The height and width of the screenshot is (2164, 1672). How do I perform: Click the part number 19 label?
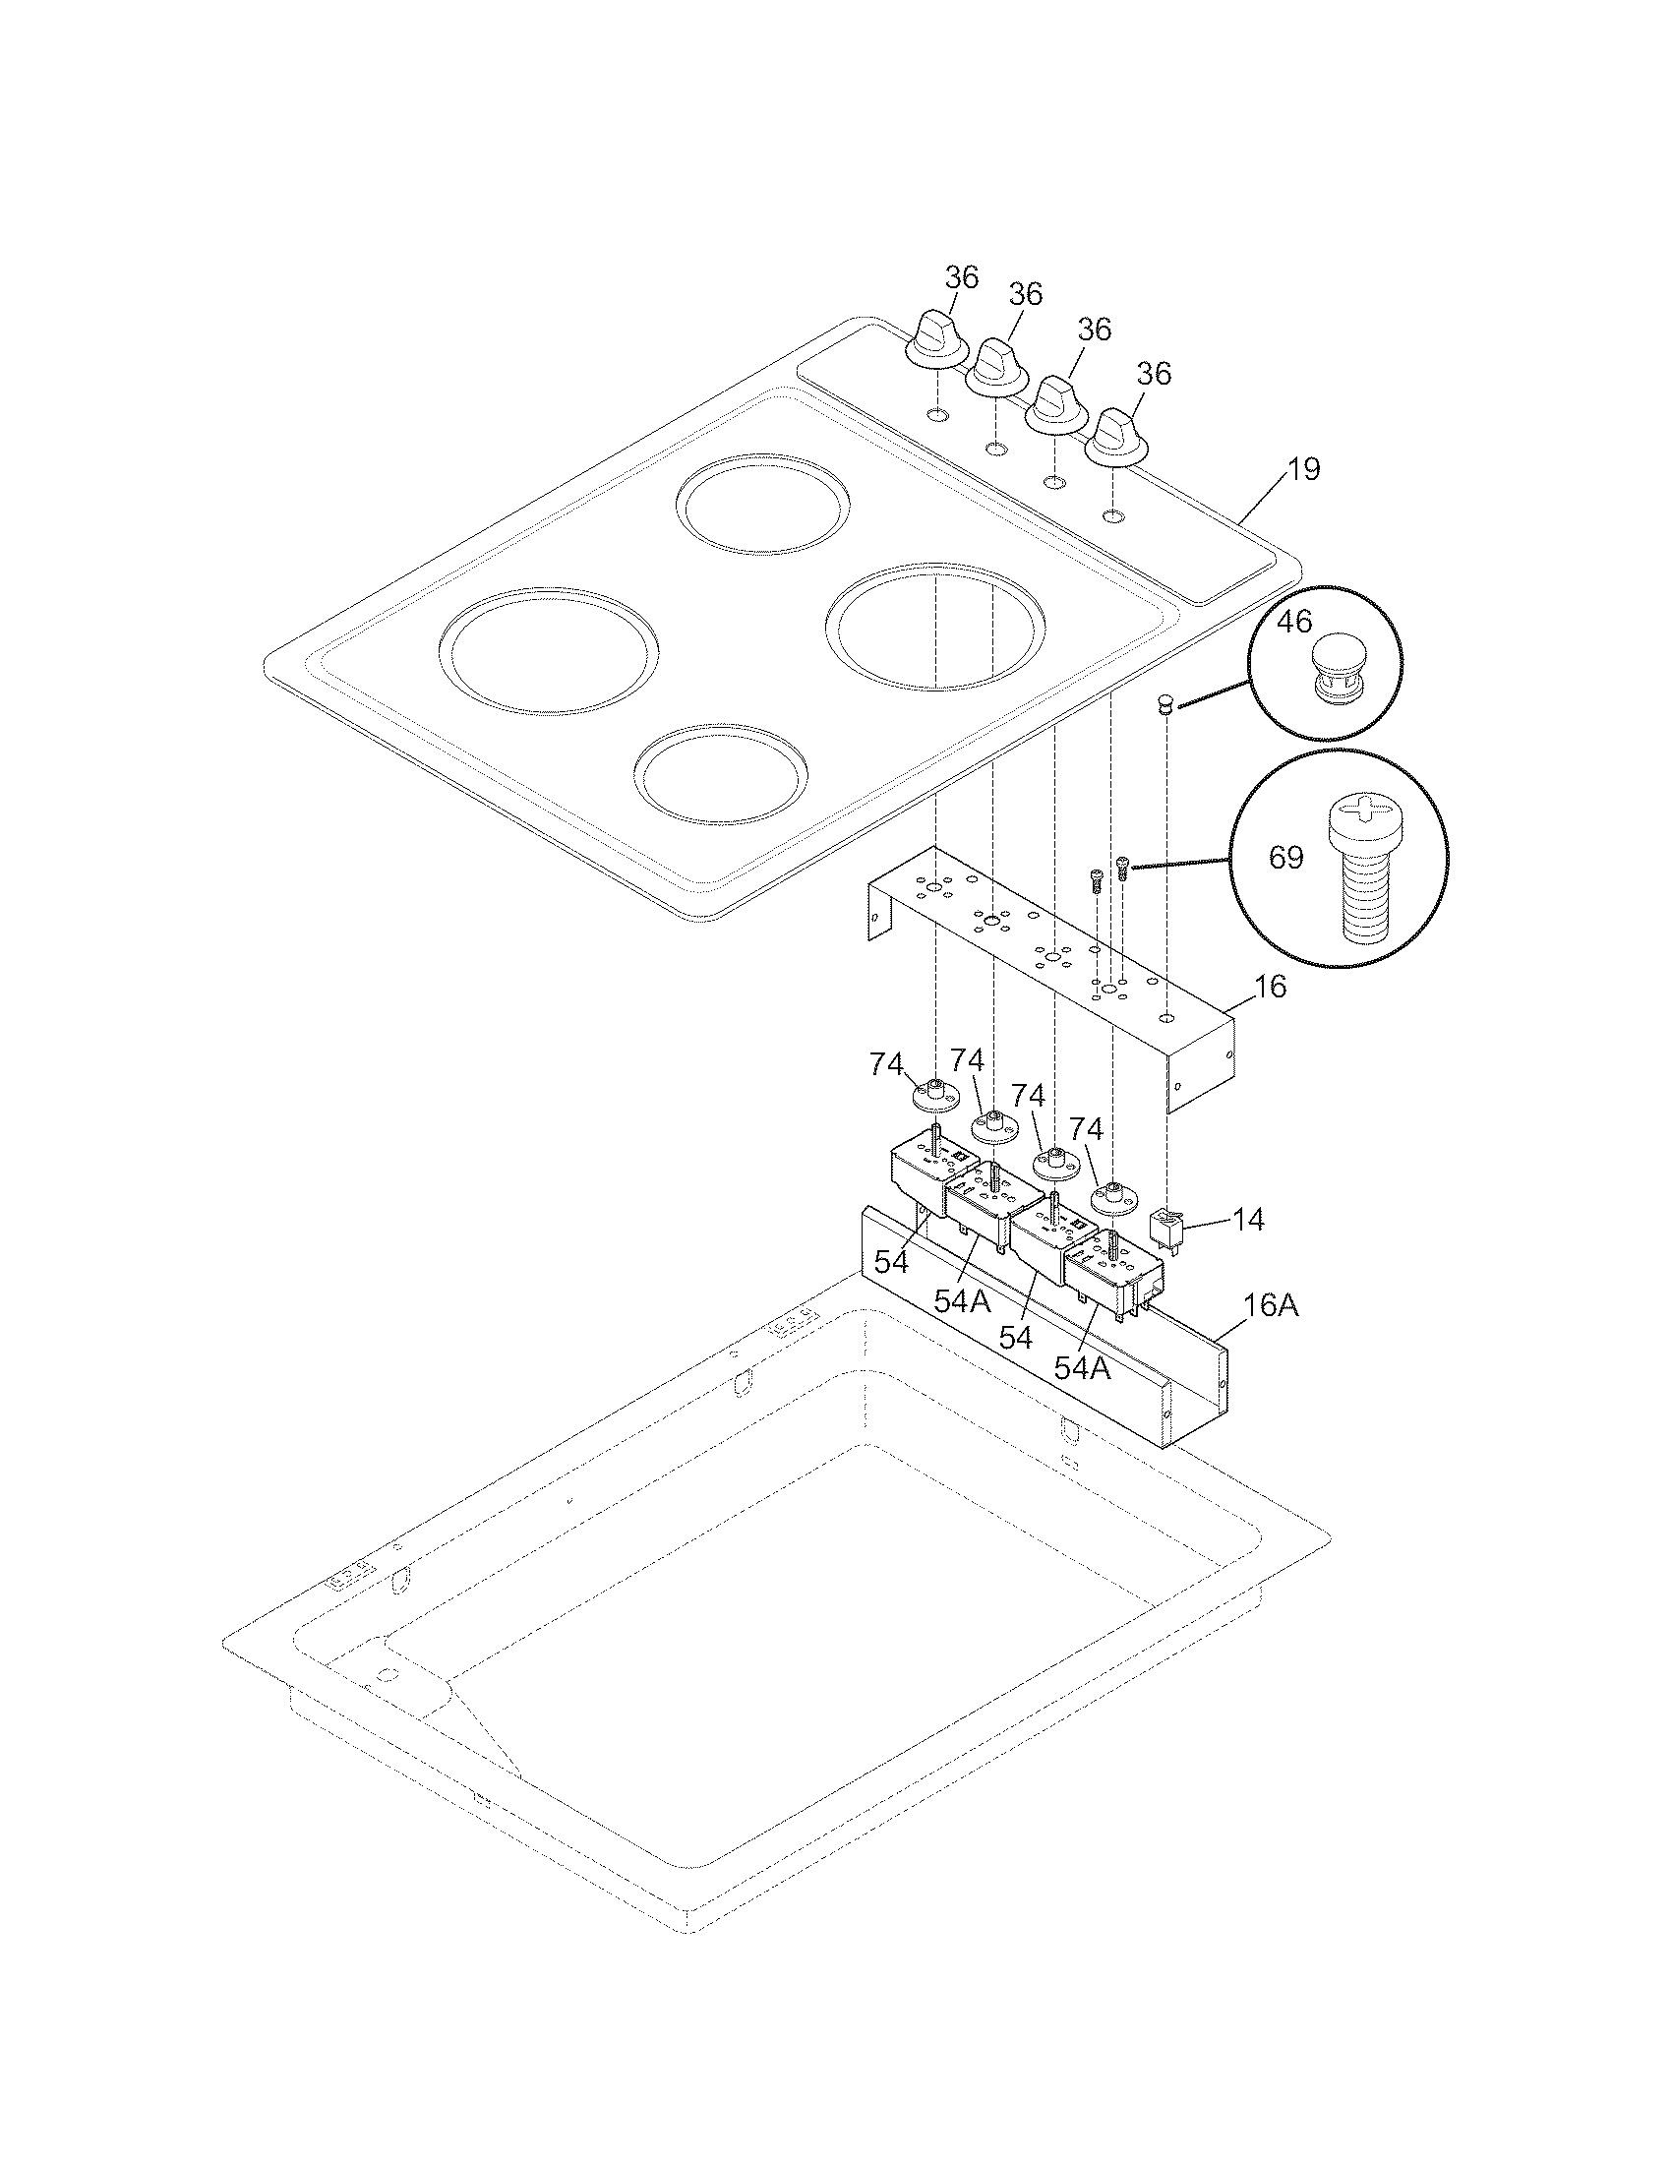pyautogui.click(x=1304, y=468)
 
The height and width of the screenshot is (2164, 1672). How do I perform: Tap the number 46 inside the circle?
pyautogui.click(x=1293, y=622)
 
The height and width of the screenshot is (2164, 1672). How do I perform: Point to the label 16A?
pyautogui.click(x=1271, y=1305)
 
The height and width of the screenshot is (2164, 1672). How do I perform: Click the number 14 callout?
pyautogui.click(x=1250, y=1220)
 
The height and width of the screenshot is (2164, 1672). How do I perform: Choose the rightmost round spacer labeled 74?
pyautogui.click(x=1113, y=1196)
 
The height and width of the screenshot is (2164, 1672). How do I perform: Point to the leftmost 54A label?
pyautogui.click(x=962, y=1301)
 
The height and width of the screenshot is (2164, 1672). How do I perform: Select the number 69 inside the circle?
pyautogui.click(x=1285, y=857)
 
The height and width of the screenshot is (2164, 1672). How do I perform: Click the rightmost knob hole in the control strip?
pyautogui.click(x=1113, y=516)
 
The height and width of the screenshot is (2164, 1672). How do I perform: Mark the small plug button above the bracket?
pyautogui.click(x=1165, y=704)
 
